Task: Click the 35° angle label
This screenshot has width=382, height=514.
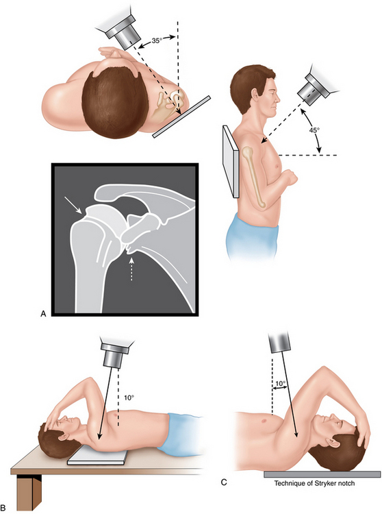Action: (157, 40)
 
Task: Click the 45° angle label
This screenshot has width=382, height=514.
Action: (314, 130)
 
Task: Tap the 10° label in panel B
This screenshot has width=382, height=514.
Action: (129, 397)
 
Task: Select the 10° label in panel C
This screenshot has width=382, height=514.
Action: (280, 382)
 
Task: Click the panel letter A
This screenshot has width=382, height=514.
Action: (43, 314)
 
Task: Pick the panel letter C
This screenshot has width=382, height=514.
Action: (224, 482)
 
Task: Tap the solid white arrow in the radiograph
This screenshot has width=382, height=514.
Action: (73, 205)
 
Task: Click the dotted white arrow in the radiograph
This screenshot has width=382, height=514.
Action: (131, 269)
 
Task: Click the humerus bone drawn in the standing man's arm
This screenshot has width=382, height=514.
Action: (255, 178)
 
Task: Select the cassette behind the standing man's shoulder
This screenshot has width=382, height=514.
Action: (231, 162)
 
